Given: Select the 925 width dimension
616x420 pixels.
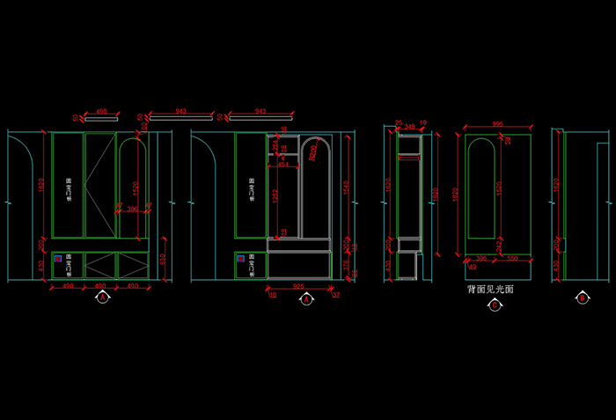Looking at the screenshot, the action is point(299,287).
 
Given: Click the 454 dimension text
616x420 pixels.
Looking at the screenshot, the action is point(282,164).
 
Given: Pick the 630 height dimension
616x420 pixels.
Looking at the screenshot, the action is point(162,260).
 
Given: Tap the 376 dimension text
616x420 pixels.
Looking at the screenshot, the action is point(347,265).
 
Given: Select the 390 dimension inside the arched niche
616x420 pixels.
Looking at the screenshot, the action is point(133,209).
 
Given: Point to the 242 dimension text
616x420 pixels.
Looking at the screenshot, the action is point(499,247).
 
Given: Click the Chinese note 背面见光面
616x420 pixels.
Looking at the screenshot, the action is point(490,289).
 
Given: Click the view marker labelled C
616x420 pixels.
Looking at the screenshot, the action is point(495,305).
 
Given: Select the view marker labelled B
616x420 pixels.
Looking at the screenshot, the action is point(582,298).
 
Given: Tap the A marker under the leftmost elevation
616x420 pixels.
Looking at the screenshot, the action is point(102,298).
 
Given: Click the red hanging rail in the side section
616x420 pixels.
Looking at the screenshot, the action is point(409,159).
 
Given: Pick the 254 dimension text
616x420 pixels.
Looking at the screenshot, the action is point(275,146).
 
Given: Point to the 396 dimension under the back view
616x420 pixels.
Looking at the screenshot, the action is point(480,259).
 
